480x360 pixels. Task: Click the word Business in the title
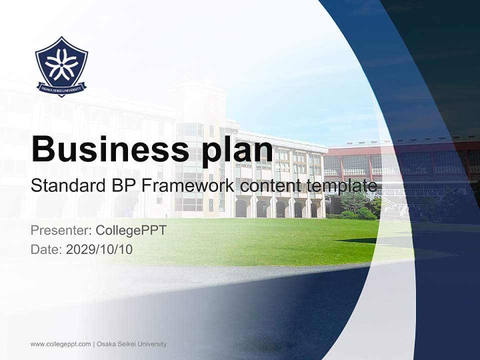pyautogui.click(x=105, y=149)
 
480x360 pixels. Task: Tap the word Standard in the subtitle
pyautogui.click(x=64, y=186)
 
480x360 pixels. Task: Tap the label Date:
pyautogui.click(x=46, y=249)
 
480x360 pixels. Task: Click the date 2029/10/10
pyautogui.click(x=99, y=249)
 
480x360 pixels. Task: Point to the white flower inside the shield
pyautogui.click(x=61, y=64)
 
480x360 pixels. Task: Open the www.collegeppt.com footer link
pyautogui.click(x=60, y=344)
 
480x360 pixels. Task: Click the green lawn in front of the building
pyautogui.click(x=260, y=240)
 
